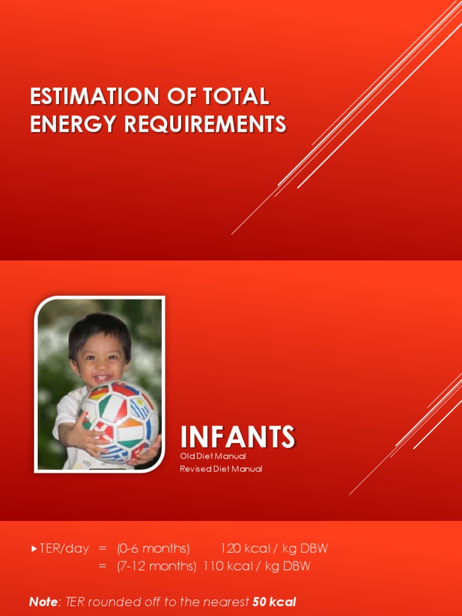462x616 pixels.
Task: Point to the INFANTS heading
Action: point(238,437)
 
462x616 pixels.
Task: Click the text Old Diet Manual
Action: point(213,457)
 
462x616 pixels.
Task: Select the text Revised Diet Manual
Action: point(221,469)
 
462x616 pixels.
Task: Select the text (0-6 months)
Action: point(153,549)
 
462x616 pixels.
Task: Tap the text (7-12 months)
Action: point(156,566)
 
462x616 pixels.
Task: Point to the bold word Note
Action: point(43,602)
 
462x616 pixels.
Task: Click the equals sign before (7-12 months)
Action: point(103,566)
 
